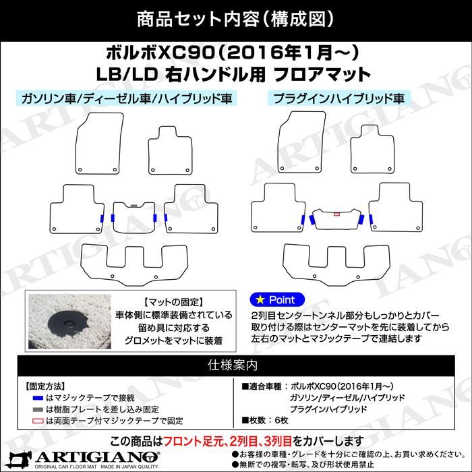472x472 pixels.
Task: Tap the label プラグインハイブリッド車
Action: coord(338,98)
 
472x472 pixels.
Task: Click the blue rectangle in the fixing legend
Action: coord(37,397)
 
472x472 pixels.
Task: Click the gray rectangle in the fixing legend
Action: coord(37,409)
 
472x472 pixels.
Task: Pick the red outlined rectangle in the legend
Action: coord(37,420)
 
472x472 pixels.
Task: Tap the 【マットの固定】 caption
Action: coord(173,301)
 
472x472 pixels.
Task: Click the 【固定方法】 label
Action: coord(45,386)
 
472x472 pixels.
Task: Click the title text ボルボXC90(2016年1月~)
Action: coord(235,53)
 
